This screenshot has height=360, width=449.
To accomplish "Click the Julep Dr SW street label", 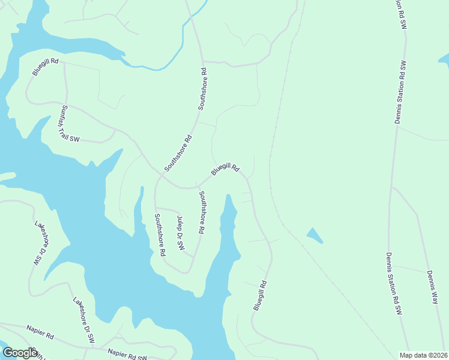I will pos(180,233).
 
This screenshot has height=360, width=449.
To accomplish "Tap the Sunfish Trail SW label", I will pos(70,124).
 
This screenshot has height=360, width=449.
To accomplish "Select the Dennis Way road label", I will pos(432,287).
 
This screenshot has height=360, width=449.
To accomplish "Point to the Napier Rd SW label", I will pos(127,355).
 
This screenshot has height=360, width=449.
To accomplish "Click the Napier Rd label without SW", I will pos(40,330).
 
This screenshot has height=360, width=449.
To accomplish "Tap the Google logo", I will pos(19,353).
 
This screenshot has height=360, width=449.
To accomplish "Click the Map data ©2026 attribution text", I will pos(424,355).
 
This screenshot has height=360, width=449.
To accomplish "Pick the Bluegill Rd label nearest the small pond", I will pos(260,295).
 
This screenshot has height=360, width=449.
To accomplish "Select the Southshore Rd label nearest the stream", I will pos(203,89).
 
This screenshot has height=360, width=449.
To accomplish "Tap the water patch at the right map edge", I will pos(445,58).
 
